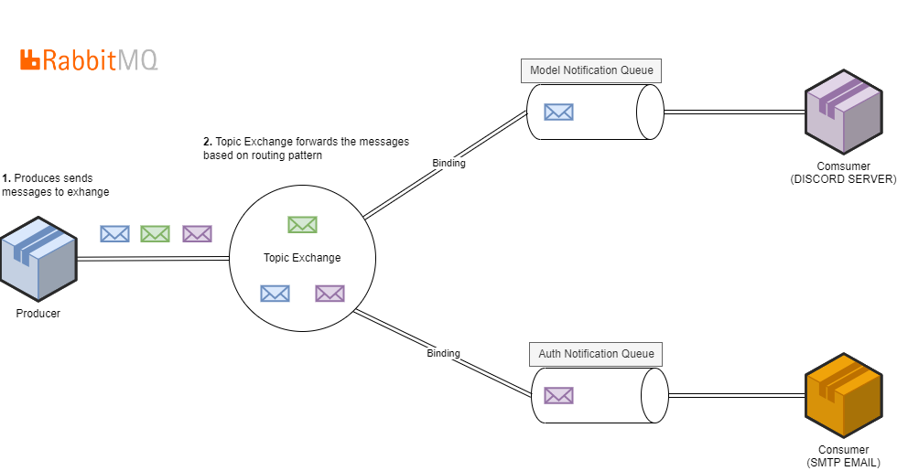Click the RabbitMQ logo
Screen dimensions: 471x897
89,60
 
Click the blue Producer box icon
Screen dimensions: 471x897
38,260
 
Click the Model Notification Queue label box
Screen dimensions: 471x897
592,70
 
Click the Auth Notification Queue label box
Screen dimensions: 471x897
596,354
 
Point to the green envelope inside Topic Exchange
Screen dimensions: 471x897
302,224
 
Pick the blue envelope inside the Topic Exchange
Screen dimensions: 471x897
275,294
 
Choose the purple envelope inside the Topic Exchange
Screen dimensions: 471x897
330,294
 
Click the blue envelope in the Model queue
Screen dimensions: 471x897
558,112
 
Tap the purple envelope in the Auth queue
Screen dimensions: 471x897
558,395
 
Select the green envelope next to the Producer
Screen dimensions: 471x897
155,234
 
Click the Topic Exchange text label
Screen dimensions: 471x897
302,258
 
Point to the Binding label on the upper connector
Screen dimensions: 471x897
448,164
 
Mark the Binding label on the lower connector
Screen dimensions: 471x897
443,353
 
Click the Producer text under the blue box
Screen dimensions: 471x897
38,314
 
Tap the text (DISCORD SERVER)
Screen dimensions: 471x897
843,179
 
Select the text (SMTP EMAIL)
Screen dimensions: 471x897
843,463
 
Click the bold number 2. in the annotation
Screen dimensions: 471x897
208,142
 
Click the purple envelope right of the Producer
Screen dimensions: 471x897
197,234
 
